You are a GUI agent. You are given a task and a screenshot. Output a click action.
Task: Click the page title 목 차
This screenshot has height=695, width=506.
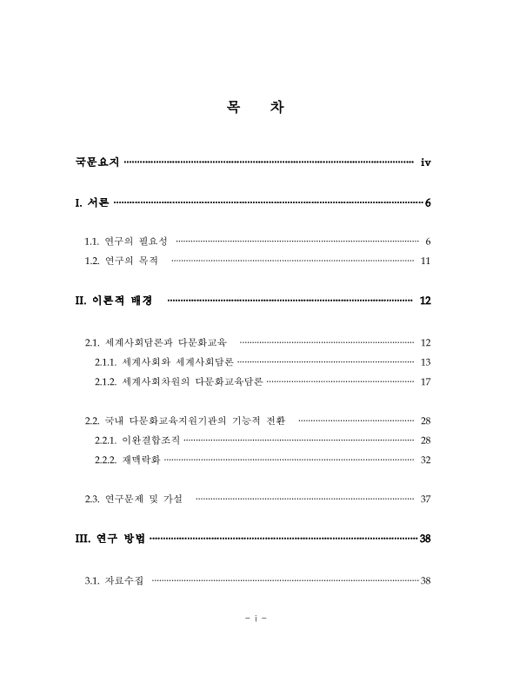coord(253,108)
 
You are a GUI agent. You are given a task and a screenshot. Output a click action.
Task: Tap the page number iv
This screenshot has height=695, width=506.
coord(425,162)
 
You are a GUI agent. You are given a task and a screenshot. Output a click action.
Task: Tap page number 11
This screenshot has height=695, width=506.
coord(425,261)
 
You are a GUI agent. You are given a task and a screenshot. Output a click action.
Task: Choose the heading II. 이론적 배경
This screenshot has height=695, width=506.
coord(114,301)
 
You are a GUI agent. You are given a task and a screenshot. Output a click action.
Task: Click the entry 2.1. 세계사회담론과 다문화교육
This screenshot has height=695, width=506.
coord(156,342)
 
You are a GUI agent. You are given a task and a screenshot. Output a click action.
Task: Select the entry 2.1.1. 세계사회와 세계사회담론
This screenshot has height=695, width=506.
coord(164,361)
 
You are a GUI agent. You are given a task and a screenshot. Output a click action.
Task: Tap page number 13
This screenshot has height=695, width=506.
coord(425,361)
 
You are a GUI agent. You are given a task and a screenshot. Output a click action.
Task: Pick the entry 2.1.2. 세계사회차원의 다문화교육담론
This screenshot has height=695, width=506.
coord(179,381)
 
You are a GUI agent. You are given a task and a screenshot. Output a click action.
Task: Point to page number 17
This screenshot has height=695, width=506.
coord(425,381)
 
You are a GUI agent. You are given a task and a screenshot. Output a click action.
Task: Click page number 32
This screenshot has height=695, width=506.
coord(425,460)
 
